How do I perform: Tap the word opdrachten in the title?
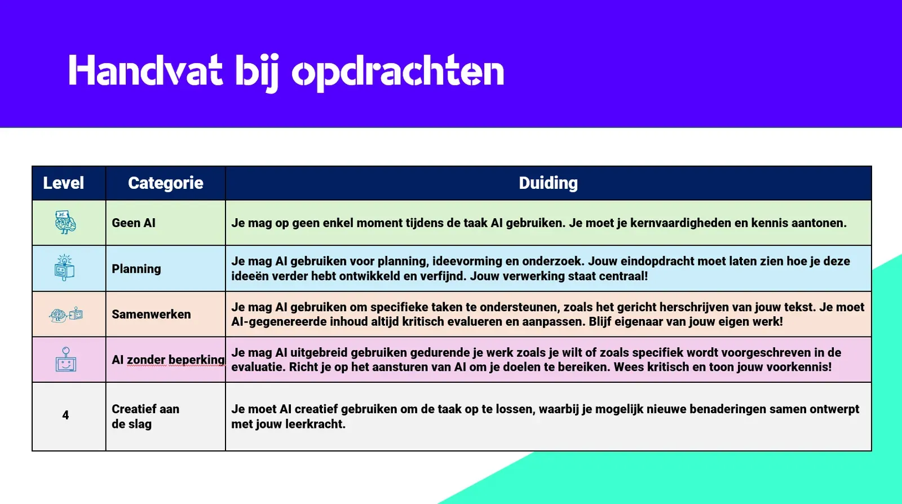click(398, 73)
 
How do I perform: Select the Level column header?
click(64, 183)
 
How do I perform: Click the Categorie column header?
click(166, 183)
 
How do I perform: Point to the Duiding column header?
click(548, 183)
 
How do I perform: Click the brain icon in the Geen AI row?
click(65, 222)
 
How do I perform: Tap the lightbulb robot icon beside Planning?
click(64, 267)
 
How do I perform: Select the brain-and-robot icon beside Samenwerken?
click(66, 315)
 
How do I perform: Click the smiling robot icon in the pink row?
click(66, 359)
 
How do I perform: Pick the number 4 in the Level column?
click(65, 415)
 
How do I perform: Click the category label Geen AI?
click(133, 223)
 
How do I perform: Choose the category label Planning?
click(136, 269)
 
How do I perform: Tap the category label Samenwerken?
click(151, 315)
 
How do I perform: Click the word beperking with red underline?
click(197, 360)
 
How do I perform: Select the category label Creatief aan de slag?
click(145, 416)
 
